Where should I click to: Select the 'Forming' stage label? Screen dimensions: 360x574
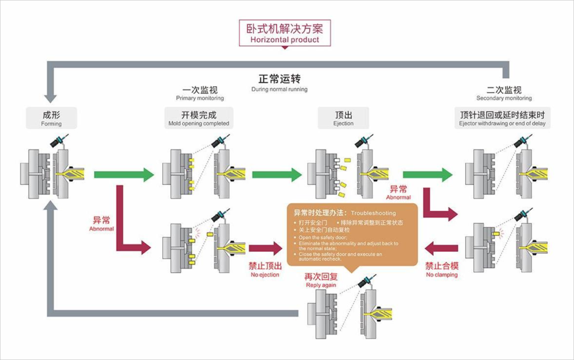click(51, 118)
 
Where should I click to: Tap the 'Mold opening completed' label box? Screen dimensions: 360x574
click(199, 118)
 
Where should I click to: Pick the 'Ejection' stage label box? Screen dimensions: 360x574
click(344, 118)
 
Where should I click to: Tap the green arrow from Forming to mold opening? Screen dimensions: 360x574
click(124, 175)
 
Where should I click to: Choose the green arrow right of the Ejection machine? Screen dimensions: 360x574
click(427, 175)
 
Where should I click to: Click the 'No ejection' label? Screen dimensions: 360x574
click(265, 268)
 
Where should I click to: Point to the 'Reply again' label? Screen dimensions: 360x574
click(322, 280)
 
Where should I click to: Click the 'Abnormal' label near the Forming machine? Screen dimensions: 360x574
click(101, 222)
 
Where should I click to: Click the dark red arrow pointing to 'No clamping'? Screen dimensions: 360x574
click(441, 248)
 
